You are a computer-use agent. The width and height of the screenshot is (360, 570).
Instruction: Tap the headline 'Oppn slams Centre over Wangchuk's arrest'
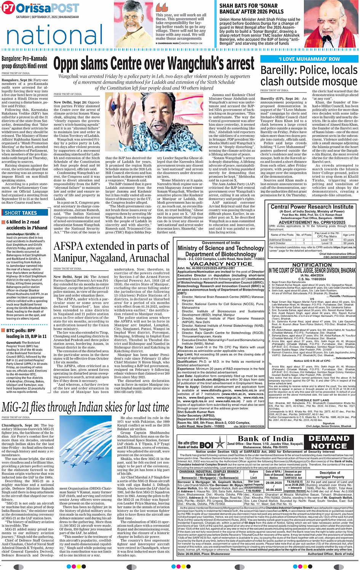point(154,64)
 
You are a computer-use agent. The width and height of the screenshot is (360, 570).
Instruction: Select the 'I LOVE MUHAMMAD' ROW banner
point(309,59)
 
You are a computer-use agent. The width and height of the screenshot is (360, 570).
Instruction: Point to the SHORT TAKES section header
point(21,213)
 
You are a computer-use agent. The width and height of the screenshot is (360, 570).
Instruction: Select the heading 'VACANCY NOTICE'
point(221,263)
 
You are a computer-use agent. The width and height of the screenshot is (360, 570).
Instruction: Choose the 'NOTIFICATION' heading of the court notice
point(312,265)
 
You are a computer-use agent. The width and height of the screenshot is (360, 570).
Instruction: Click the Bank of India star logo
point(220,443)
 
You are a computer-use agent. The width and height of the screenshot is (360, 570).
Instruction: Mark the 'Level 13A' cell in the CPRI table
point(327,240)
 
